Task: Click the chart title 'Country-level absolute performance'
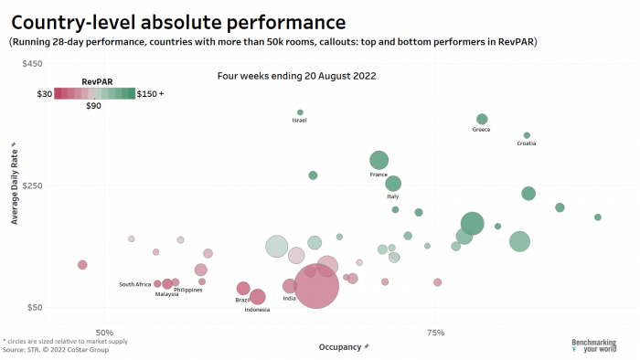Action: pos(178,21)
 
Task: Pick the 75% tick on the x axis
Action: pos(435,332)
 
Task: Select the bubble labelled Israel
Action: pos(300,112)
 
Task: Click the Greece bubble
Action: pos(482,119)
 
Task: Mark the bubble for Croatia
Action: pos(527,135)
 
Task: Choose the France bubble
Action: pos(379,161)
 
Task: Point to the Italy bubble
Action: pos(393,184)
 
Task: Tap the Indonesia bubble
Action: pos(258,297)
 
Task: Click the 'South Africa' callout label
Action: pos(135,284)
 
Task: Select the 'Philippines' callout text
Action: pos(187,290)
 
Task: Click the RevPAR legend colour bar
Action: pos(94,92)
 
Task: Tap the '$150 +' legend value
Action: pos(150,93)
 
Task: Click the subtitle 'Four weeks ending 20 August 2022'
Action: pos(296,76)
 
